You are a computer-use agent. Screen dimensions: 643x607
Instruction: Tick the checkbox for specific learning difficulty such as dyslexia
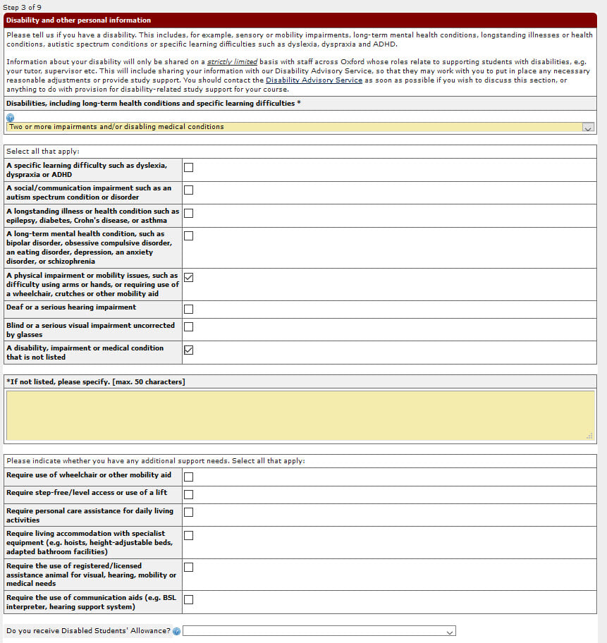(188, 168)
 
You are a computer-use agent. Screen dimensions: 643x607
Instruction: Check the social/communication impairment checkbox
(188, 190)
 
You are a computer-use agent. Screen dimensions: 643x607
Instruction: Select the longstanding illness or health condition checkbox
(188, 213)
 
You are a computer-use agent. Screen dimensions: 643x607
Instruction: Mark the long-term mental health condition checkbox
(188, 235)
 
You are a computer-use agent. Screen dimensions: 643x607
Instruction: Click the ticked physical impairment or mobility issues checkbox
(188, 277)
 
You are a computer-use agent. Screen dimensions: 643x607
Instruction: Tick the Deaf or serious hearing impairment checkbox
(188, 309)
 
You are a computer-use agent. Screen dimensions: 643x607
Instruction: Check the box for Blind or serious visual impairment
(188, 326)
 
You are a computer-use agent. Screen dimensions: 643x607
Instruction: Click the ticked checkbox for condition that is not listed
(188, 350)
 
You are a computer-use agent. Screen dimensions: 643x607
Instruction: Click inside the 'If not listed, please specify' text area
(300, 415)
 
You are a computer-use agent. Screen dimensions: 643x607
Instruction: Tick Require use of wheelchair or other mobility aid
(188, 477)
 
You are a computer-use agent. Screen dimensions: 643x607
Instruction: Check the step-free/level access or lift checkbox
(188, 494)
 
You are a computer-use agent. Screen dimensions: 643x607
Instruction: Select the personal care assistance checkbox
(188, 513)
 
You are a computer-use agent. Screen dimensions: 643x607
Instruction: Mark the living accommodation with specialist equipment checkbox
(188, 535)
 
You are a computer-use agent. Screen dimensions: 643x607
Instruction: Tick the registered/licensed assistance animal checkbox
(188, 567)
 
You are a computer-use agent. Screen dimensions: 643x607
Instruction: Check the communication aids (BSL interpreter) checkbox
(188, 599)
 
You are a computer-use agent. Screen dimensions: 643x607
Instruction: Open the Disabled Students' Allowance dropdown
(319, 631)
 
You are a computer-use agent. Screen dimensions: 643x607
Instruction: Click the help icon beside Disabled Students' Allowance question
(176, 631)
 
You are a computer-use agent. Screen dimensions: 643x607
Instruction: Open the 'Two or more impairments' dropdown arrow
(588, 128)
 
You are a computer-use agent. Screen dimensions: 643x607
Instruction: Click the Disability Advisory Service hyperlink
(314, 80)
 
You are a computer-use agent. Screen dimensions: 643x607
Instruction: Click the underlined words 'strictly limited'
(232, 62)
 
